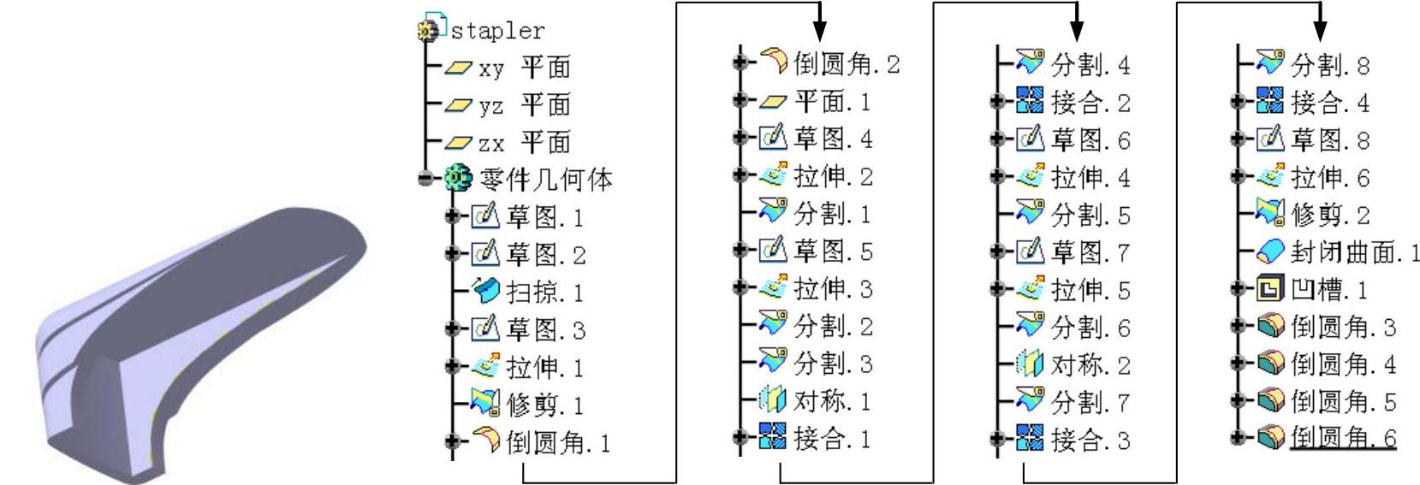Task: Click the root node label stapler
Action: click(x=497, y=31)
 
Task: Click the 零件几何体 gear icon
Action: click(x=456, y=179)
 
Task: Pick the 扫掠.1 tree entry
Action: click(x=544, y=293)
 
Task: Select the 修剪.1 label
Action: click(x=545, y=404)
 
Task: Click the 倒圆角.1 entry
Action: click(x=557, y=442)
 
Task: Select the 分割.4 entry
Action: click(x=1089, y=64)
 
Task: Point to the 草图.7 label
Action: click(x=1090, y=252)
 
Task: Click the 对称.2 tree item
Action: click(x=1089, y=365)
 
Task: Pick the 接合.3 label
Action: click(x=1090, y=441)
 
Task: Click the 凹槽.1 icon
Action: click(x=1268, y=289)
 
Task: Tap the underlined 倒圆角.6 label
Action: click(x=1342, y=438)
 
